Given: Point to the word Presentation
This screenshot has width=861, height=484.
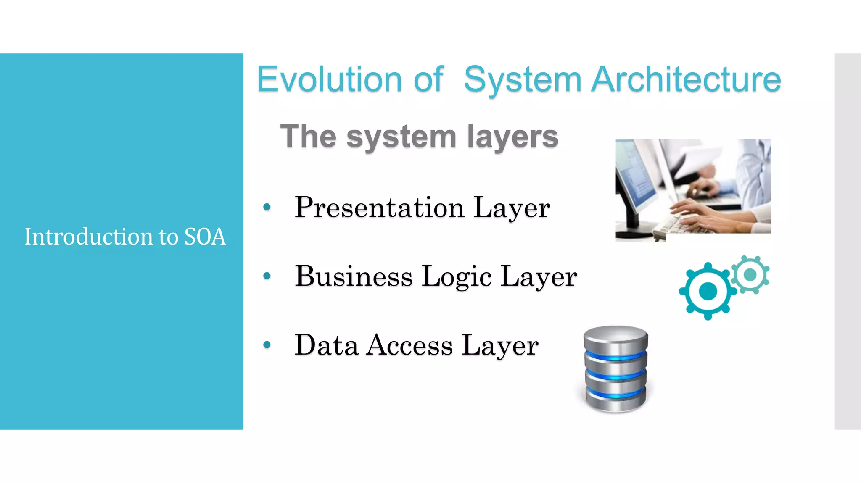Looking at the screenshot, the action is click(379, 207).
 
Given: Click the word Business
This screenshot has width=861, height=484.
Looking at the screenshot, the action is click(354, 276).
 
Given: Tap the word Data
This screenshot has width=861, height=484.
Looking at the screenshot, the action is click(326, 345).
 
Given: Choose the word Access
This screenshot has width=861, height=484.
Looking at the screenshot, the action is click(409, 345).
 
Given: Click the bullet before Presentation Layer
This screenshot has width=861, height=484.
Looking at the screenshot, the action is click(267, 207).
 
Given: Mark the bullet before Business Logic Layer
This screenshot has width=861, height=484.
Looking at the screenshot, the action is click(267, 276).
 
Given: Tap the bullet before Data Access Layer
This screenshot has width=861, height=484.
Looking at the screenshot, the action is click(267, 345).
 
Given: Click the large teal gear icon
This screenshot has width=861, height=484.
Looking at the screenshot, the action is click(708, 291).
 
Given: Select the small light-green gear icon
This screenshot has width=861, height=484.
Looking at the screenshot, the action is click(750, 275).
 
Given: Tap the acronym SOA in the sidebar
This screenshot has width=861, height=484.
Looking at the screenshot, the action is click(205, 236).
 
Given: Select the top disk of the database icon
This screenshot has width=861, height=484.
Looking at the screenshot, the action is click(616, 338).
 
